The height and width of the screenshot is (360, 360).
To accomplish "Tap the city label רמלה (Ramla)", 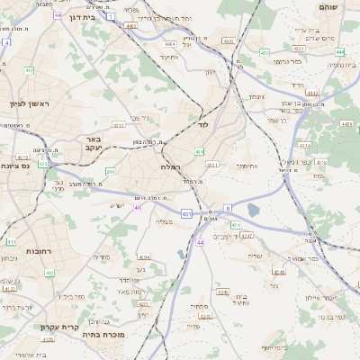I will (171, 167).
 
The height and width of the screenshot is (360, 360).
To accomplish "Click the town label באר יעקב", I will (93, 144).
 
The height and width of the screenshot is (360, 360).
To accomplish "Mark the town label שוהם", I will (328, 6).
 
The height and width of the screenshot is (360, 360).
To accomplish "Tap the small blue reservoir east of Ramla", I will (252, 211).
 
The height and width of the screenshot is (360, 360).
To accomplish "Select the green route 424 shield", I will (236, 224).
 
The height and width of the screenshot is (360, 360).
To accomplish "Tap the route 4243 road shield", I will (246, 235).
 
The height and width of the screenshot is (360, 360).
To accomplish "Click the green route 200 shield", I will (110, 171).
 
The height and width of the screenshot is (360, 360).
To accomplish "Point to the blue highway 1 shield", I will (110, 17).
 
